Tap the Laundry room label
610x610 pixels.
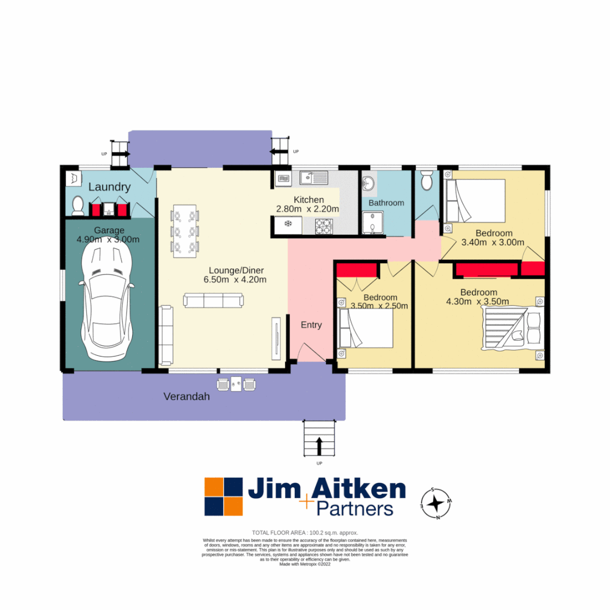(x=110, y=187)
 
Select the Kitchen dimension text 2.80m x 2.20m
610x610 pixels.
(x=308, y=209)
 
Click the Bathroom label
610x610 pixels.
(x=386, y=203)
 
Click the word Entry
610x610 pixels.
(x=311, y=325)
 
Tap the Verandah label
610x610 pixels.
(x=186, y=396)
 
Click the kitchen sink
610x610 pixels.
(x=315, y=178)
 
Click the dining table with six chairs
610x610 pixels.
(x=185, y=231)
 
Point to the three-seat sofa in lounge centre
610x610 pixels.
(x=213, y=300)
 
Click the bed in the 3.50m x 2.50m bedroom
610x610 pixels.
(x=365, y=328)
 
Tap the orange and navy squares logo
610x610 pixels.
(x=224, y=496)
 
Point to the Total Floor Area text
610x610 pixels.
(x=305, y=533)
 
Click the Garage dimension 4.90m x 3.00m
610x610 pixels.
(x=108, y=239)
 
